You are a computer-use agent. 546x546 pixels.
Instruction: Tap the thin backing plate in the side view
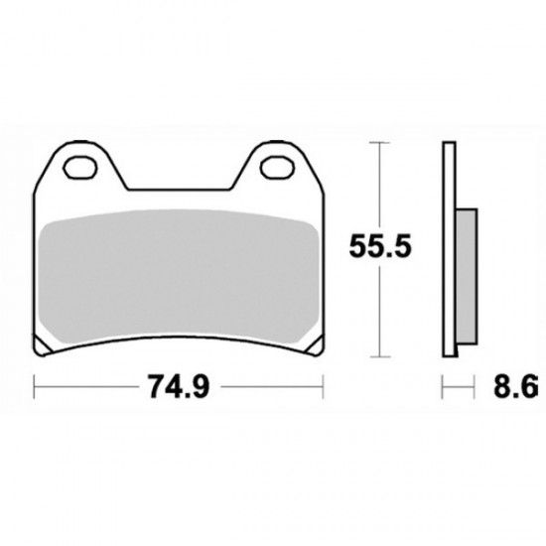pyautogui.click(x=450, y=248)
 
